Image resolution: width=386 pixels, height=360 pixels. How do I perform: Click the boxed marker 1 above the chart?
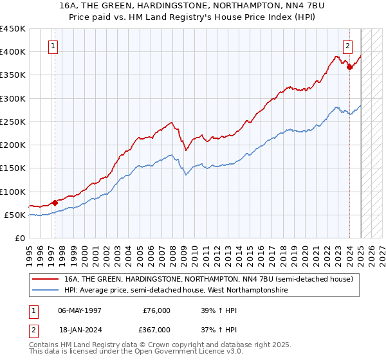53,46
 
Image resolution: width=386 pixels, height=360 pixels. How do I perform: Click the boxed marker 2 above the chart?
347,46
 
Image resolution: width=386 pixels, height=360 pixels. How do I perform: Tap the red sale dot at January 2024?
349,66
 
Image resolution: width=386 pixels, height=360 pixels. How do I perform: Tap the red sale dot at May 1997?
55,203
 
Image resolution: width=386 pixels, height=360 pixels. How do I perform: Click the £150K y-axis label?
13,168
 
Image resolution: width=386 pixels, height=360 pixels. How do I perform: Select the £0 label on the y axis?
19,238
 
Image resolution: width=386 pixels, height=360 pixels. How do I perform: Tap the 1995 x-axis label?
30,253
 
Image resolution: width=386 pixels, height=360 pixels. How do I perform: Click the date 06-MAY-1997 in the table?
77,310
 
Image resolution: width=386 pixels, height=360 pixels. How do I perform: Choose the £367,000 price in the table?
156,329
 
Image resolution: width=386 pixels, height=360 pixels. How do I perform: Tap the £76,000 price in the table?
156,310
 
